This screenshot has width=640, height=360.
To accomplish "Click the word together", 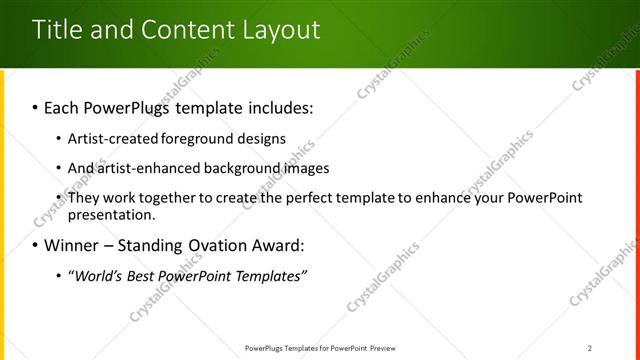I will coord(161,198).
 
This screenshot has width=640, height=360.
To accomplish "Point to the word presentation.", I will coord(111,214).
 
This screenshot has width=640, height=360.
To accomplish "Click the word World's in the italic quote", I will coord(99,275).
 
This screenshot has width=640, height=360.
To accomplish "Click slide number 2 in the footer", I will coord(590,348).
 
